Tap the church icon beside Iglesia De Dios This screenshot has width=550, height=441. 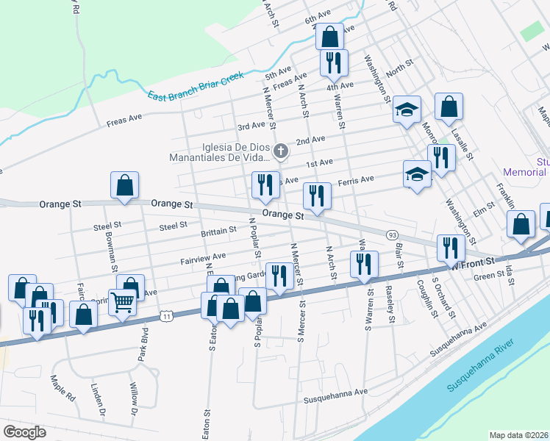click(x=280, y=152)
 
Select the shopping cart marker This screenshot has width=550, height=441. click(x=121, y=301)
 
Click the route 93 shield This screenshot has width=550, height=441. click(x=393, y=234)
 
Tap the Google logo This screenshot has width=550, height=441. click(x=25, y=431)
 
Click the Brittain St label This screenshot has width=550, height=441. click(x=218, y=230)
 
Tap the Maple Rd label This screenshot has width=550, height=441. click(x=63, y=387)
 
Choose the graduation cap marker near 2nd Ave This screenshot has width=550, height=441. click(x=407, y=110)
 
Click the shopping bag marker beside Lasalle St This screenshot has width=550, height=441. click(x=449, y=107)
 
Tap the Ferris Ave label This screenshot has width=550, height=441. click(x=356, y=179)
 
